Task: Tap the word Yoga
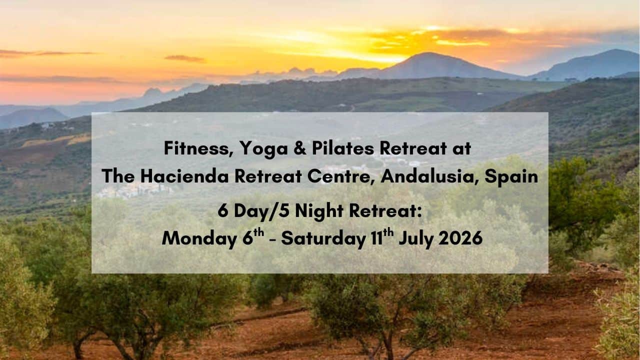tap(263, 149)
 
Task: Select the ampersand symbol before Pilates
tap(299, 148)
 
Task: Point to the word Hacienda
tap(184, 176)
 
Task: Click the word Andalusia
tap(429, 177)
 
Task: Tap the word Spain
tap(511, 177)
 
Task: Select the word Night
tap(319, 211)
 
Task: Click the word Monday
tap(199, 239)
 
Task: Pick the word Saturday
tap(323, 239)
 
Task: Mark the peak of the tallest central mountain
tap(427, 53)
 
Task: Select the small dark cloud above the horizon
tap(185, 58)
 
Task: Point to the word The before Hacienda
tap(118, 176)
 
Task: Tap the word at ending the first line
tap(461, 149)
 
